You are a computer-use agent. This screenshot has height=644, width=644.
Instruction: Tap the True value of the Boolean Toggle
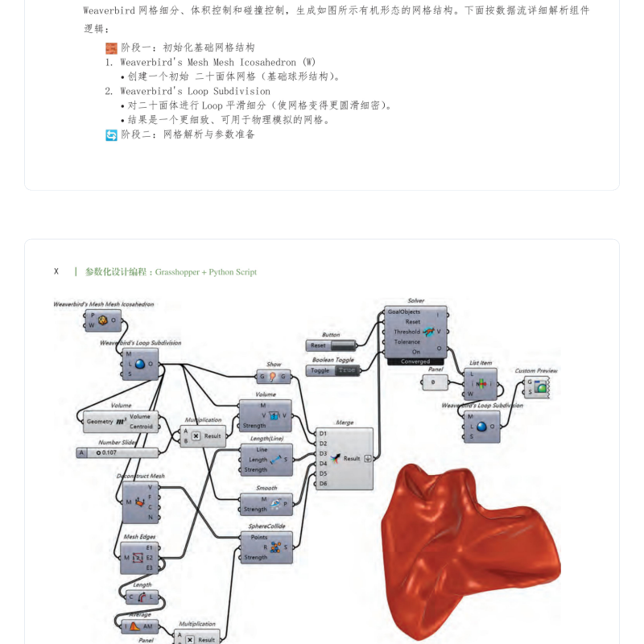click(347, 370)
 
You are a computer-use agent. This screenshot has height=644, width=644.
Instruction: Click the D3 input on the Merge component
click(323, 453)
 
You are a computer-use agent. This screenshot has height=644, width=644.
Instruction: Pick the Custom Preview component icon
click(543, 387)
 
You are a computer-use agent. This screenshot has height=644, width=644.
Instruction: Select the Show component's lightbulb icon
click(273, 376)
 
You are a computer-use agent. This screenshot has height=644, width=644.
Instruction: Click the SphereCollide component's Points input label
click(259, 537)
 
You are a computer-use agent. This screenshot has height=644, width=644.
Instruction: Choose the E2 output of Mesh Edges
click(150, 557)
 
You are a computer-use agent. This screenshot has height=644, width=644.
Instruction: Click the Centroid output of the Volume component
click(141, 427)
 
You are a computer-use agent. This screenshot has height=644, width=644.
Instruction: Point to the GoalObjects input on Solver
click(404, 312)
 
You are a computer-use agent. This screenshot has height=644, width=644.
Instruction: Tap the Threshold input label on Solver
click(407, 332)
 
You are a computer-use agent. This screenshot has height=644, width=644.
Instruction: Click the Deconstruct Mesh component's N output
click(150, 518)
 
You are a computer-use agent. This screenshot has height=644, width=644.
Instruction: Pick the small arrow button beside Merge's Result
click(369, 458)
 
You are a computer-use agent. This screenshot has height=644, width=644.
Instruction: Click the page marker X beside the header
click(56, 271)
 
